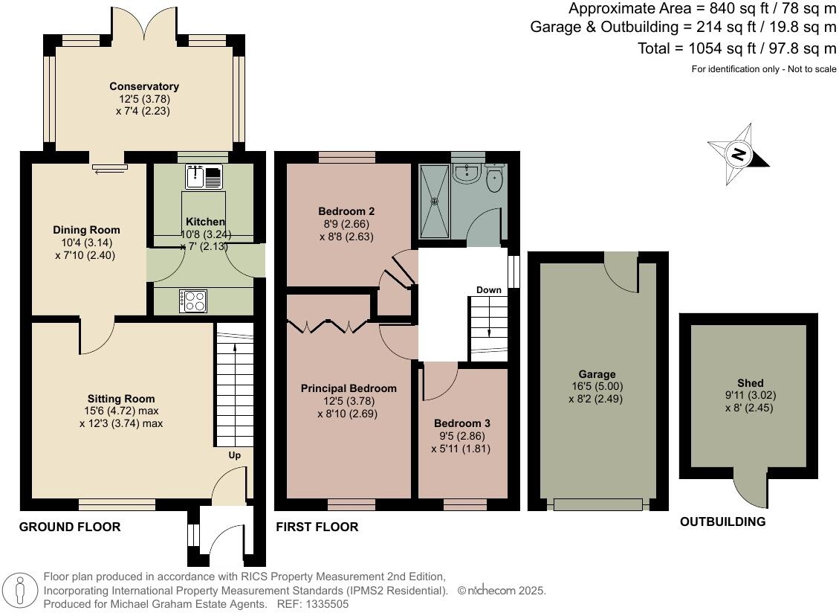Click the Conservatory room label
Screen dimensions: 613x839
(x=143, y=86)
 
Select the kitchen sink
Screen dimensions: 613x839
(x=204, y=176)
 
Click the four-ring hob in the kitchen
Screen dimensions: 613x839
(x=193, y=301)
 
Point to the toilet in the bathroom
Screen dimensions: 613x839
(x=496, y=177)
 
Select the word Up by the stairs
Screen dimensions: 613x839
(x=234, y=455)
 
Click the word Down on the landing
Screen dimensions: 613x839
(x=488, y=290)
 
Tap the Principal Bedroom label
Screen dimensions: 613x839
(x=349, y=388)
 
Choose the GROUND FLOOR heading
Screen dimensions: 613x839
(x=69, y=527)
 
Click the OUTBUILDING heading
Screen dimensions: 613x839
(x=722, y=521)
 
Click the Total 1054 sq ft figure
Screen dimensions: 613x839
(x=736, y=48)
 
